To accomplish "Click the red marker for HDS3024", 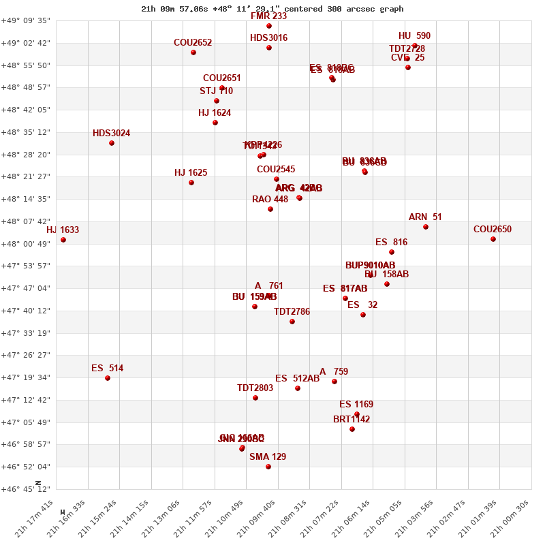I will (112, 143).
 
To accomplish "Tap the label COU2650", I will (492, 230).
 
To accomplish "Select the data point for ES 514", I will (108, 378).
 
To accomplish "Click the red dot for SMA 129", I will (268, 467).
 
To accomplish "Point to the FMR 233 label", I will (268, 16).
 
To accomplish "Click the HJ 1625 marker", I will (191, 183).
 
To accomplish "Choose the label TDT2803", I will (255, 388).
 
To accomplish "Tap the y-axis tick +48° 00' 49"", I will (26, 244).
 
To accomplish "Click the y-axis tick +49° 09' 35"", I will (26, 21).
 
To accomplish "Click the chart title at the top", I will (272, 9).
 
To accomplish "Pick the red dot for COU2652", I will (193, 52).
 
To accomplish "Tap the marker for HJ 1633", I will (63, 240).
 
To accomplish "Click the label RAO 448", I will (270, 200).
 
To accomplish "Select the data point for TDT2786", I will (292, 322).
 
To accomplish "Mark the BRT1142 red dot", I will (352, 429).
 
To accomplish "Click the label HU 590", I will (414, 36).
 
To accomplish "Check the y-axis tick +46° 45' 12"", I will (26, 489).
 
